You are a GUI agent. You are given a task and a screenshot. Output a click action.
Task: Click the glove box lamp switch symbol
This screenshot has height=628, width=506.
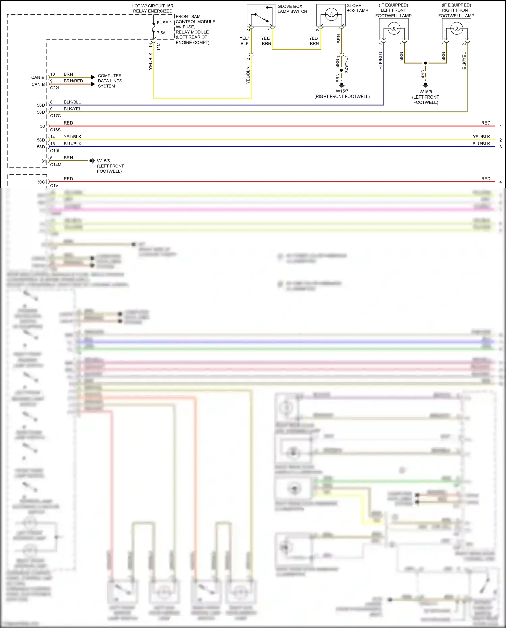pyautogui.click(x=261, y=16)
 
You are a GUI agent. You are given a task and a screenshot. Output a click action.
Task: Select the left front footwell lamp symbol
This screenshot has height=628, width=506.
pyautogui.click(x=394, y=29)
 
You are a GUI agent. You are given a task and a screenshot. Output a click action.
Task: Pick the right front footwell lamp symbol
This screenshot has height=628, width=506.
pyautogui.click(x=456, y=29)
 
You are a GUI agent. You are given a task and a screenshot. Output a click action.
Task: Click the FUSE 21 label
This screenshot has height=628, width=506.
pyautogui.click(x=165, y=23)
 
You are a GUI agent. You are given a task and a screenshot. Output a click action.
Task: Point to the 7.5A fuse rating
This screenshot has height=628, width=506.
pyautogui.click(x=161, y=33)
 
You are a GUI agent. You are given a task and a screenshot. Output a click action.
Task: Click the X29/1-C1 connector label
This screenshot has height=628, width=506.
pyautogui.click(x=346, y=64)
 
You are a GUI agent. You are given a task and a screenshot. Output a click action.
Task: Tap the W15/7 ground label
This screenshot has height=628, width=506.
pyautogui.click(x=342, y=91)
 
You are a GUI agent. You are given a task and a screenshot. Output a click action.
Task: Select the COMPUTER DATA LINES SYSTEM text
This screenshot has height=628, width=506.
pyautogui.click(x=110, y=81)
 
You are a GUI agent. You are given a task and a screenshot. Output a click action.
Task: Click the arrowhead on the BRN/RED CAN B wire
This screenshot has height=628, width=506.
pyautogui.click(x=93, y=84)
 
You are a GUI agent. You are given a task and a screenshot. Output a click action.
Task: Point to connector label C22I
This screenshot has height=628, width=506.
pyautogui.click(x=54, y=88)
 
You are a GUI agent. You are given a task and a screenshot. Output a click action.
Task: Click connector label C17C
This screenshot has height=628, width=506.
pyautogui.click(x=55, y=116)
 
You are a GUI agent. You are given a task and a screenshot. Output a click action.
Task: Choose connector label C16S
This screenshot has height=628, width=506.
pyautogui.click(x=55, y=130)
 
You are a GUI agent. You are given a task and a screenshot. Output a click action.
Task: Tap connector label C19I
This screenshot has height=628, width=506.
pyautogui.click(x=54, y=151)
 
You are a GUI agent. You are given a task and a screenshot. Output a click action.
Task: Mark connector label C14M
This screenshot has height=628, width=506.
pyautogui.click(x=56, y=165)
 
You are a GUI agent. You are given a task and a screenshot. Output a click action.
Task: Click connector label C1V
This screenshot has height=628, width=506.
pyautogui.click(x=54, y=186)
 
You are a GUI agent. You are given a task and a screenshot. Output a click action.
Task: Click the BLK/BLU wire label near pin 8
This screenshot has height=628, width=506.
pyautogui.click(x=73, y=102)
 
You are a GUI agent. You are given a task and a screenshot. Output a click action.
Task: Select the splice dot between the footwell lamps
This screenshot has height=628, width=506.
pyautogui.click(x=425, y=63)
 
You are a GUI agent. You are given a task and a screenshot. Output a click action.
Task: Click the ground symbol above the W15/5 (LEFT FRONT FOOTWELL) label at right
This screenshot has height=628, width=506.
pyautogui.click(x=425, y=85)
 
